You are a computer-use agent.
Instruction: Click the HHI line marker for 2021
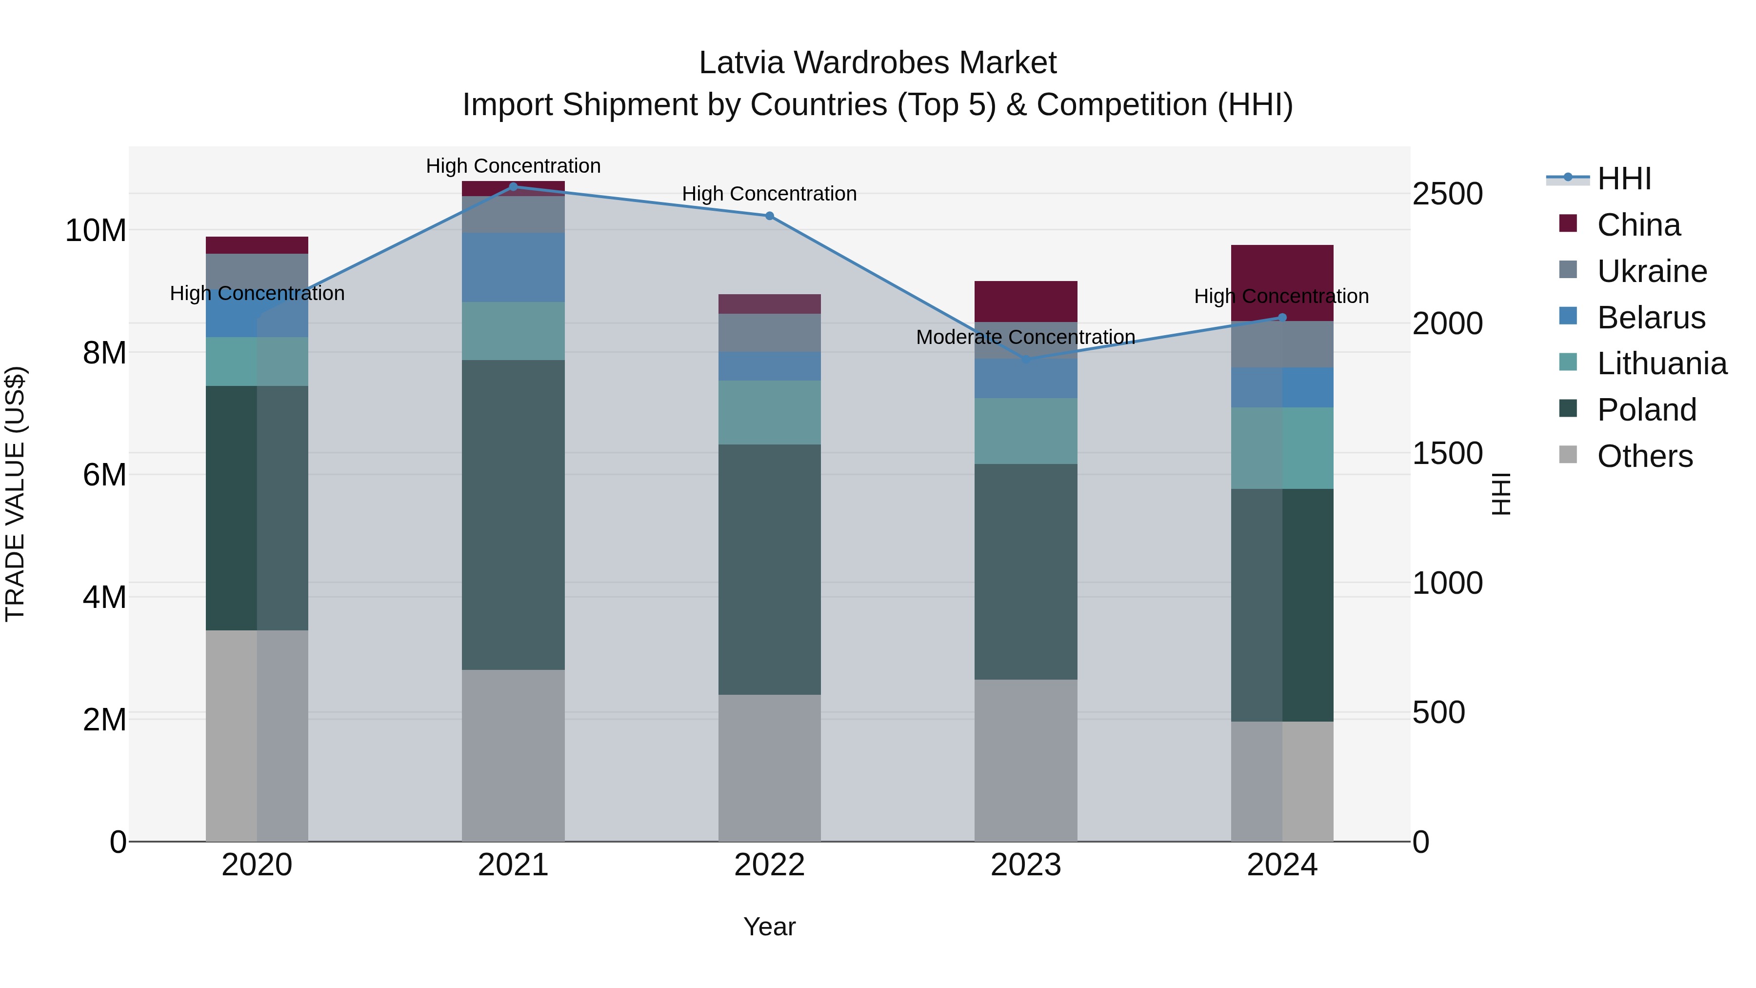click(x=513, y=186)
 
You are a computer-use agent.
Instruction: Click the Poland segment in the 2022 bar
click(x=770, y=569)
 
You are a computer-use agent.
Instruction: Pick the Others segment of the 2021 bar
click(x=513, y=755)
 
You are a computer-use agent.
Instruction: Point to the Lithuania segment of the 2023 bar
click(x=1026, y=431)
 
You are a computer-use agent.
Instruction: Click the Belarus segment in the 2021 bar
click(x=513, y=267)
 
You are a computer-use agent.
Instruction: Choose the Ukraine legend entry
click(x=1652, y=271)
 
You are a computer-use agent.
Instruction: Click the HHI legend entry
click(x=1624, y=179)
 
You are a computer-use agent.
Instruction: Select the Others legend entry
click(x=1644, y=456)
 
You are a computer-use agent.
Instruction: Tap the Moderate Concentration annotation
click(x=1025, y=337)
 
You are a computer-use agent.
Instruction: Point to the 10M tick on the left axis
click(x=96, y=230)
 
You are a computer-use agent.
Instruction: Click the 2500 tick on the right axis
click(x=1447, y=194)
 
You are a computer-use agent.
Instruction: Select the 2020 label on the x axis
click(x=257, y=865)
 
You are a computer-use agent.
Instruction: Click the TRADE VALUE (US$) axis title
click(x=15, y=494)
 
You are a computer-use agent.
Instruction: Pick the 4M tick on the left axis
click(x=104, y=597)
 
